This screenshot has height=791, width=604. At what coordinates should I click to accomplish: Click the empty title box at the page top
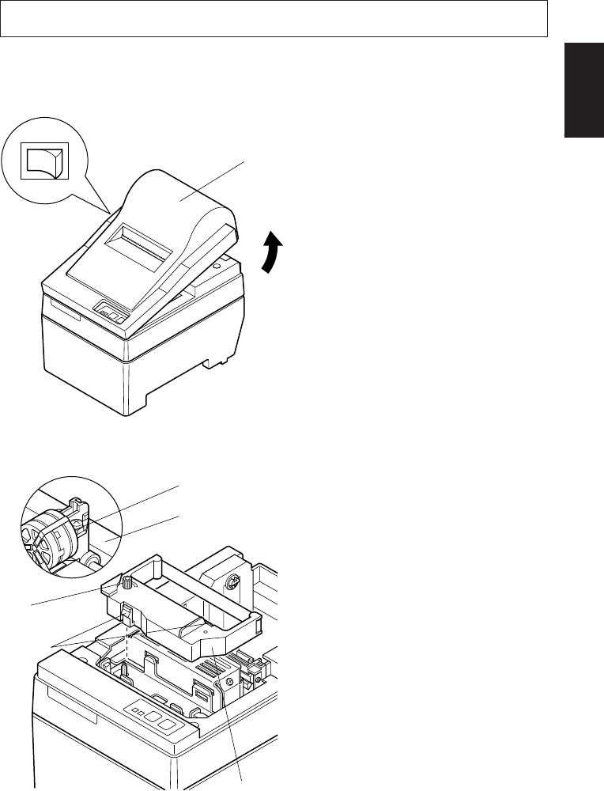click(274, 18)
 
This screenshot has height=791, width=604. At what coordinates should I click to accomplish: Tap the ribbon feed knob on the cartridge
click(125, 586)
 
